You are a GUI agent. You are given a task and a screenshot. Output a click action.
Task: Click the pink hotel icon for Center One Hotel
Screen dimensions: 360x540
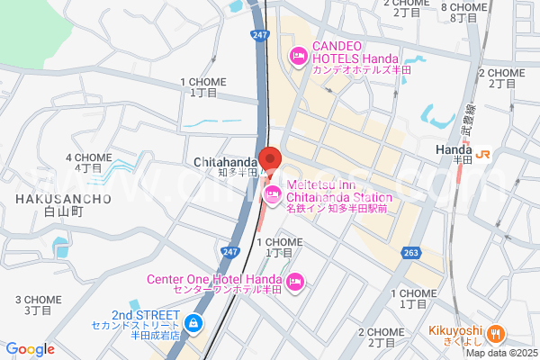tap(296, 284)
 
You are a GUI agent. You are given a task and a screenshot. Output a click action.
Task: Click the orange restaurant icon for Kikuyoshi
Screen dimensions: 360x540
tap(494, 334)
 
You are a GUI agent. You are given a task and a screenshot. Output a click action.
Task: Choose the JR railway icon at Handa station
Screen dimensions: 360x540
tap(484, 153)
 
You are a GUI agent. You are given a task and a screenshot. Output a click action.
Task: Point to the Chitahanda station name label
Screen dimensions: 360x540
tap(224, 162)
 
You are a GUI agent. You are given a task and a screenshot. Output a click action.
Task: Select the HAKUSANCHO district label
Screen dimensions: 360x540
tap(63, 198)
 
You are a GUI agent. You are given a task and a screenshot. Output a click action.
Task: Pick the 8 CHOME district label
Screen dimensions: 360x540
tap(458, 7)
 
